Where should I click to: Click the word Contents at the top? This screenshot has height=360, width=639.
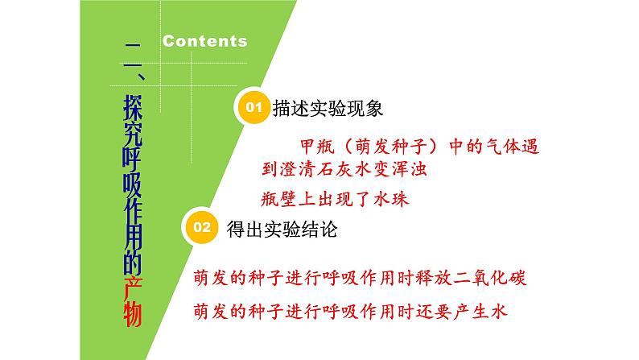coord(205,41)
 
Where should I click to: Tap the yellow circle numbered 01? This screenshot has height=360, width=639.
coord(253,107)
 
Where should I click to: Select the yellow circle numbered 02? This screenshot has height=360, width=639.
coord(201,227)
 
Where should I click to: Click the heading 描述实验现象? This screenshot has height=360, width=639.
coord(328,109)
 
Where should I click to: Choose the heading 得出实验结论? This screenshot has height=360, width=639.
coord(282,230)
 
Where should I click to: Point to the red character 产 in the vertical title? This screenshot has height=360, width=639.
coord(133,288)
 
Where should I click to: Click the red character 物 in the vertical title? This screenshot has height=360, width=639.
coord(133,314)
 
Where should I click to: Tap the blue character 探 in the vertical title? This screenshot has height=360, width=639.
coord(133,108)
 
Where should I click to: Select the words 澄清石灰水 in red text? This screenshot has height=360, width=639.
coord(326,169)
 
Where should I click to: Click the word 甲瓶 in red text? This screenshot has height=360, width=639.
coord(317,147)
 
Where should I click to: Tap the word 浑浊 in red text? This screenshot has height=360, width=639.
coord(409,169)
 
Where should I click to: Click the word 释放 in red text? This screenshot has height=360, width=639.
coord(434,278)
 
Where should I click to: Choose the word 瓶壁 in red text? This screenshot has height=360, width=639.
coord(278,200)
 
